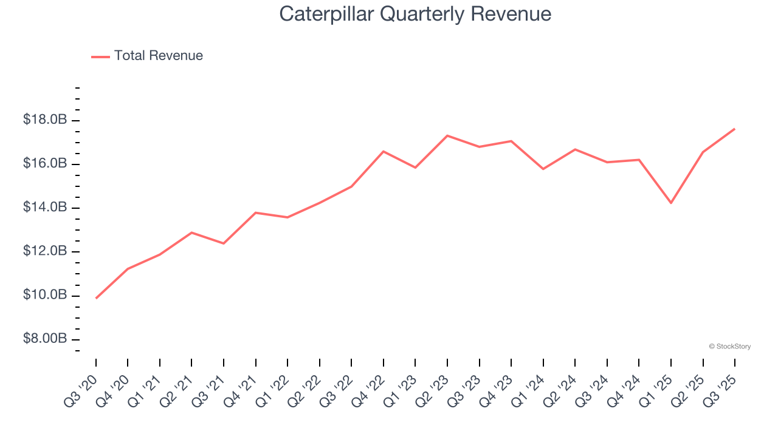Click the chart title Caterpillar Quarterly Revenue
click(415, 14)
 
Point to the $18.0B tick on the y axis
click(45, 120)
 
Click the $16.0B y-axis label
click(45, 164)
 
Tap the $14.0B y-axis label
click(45, 208)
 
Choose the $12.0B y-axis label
click(45, 251)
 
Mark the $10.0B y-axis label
click(45, 295)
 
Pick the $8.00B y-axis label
click(45, 339)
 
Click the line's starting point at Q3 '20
click(96, 298)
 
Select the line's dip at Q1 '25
click(671, 203)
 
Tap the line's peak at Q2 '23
click(447, 135)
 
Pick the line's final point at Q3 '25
click(735, 129)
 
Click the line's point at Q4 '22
click(384, 151)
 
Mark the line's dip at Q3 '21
click(224, 243)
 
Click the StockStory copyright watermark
click(729, 347)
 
